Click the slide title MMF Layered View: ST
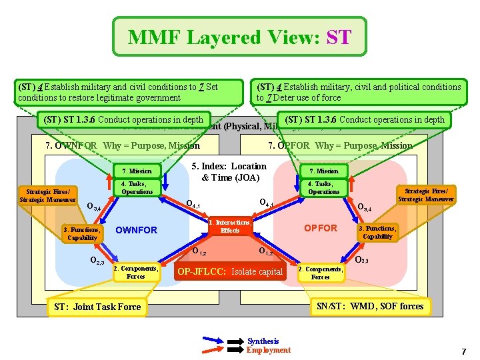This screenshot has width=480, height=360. pyautogui.click(x=239, y=37)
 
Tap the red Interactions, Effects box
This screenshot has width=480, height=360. pyautogui.click(x=230, y=226)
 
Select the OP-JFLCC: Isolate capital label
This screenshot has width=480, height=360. pyautogui.click(x=230, y=271)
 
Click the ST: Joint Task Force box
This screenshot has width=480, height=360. pyautogui.click(x=97, y=307)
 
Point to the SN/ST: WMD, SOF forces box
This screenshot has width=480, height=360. pyautogui.click(x=369, y=306)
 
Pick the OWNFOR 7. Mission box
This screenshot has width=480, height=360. pyautogui.click(x=137, y=171)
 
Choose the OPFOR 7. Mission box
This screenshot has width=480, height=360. pyautogui.click(x=323, y=171)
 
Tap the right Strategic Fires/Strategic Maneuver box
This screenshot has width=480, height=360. pyautogui.click(x=427, y=195)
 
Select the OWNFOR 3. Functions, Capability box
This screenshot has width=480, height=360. pyautogui.click(x=81, y=233)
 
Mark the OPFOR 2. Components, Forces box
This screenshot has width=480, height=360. pyautogui.click(x=320, y=273)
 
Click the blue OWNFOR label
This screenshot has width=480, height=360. pyautogui.click(x=137, y=230)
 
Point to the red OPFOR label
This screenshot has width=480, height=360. pyautogui.click(x=321, y=228)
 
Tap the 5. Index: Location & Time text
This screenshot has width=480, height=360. pyautogui.click(x=229, y=171)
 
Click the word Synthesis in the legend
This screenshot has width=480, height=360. pyautogui.click(x=263, y=341)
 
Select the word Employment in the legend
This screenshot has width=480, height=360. pyautogui.click(x=269, y=350)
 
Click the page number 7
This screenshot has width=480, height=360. pyautogui.click(x=463, y=351)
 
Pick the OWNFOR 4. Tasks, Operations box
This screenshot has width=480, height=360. pyautogui.click(x=137, y=188)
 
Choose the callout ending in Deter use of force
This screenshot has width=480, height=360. pyautogui.click(x=359, y=92)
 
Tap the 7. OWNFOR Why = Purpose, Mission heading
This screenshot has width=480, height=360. pyautogui.click(x=122, y=145)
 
